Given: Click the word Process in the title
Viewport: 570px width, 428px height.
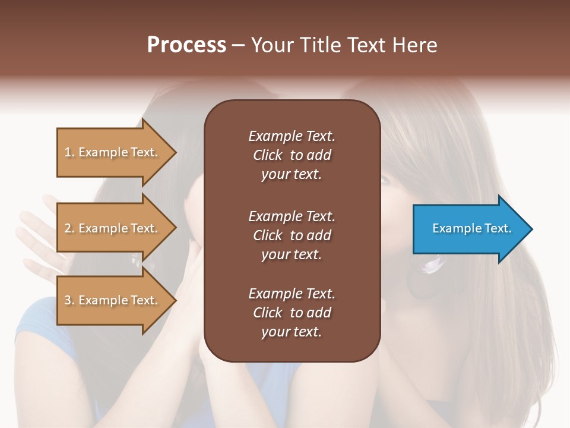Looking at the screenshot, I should click(186, 45).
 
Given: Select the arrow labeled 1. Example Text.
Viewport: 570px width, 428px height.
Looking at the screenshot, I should click(113, 152).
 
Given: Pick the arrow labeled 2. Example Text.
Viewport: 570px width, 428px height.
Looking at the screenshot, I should click(113, 228).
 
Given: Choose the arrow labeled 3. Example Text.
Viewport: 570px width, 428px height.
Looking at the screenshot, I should click(113, 300).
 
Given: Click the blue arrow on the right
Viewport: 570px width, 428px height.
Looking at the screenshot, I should click(469, 229).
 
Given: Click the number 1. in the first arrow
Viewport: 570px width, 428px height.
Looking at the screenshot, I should click(69, 152).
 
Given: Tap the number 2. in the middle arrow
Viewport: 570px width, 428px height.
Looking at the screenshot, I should click(69, 228).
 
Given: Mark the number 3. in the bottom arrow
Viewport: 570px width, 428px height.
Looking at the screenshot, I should click(69, 300).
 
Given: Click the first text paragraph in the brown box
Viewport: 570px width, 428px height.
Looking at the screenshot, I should click(292, 155).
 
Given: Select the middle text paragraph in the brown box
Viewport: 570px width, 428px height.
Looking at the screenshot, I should click(292, 235).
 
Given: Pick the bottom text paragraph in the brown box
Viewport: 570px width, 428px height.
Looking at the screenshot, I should click(292, 313).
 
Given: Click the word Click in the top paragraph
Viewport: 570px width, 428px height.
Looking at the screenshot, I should click(268, 155).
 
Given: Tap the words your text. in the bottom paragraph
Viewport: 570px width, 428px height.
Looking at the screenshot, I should click(292, 332).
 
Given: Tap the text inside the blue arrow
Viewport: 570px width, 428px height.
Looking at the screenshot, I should click(471, 228).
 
